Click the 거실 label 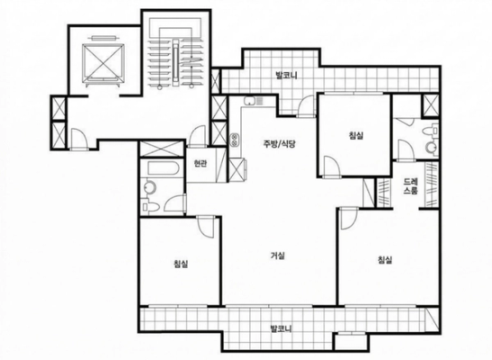click(278, 256)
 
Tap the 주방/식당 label click(280, 144)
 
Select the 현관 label click(201, 164)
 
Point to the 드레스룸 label click(410, 186)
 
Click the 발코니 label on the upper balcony click(287, 76)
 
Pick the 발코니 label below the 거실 click(282, 328)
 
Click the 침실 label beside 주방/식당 click(356, 136)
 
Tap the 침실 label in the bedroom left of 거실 click(181, 264)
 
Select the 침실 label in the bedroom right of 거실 click(385, 259)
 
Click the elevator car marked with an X click(103, 62)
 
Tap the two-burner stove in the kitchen click(235, 140)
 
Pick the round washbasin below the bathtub click(149, 188)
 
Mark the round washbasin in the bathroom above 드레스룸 click(432, 148)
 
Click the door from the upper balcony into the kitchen click(306, 107)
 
